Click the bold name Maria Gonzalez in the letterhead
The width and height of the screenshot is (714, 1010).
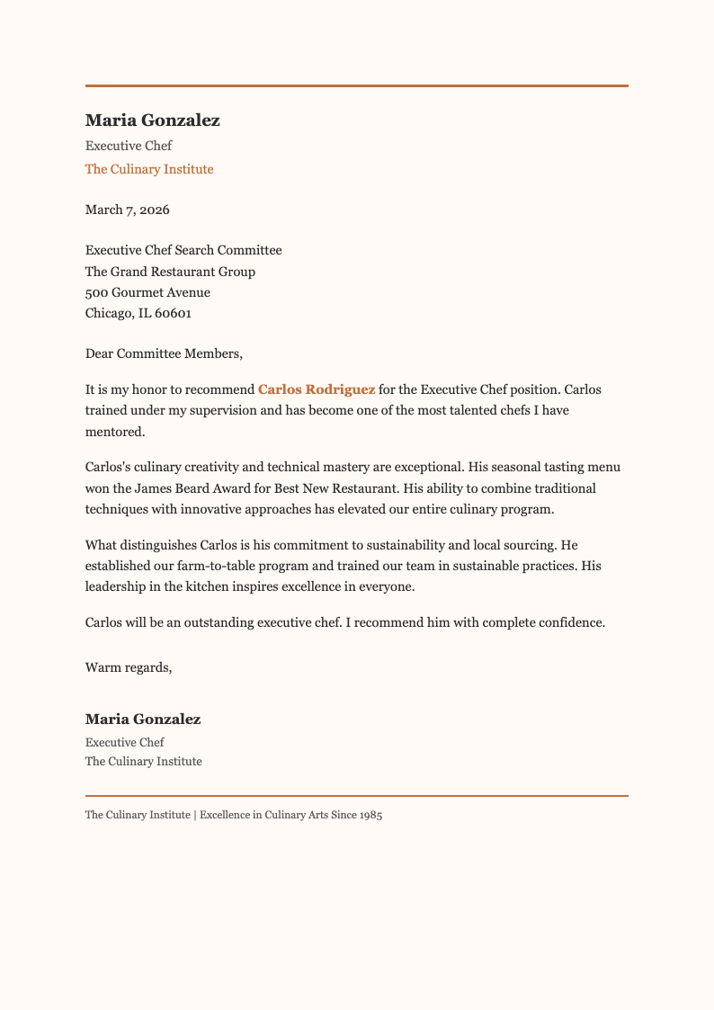tap(152, 121)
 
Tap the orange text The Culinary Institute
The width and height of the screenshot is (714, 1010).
tap(149, 169)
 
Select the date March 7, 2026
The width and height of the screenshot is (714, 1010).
tap(127, 210)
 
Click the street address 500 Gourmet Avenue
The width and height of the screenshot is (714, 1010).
tap(147, 292)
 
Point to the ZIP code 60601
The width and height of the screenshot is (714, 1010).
tap(172, 314)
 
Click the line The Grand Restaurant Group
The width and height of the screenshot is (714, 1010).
tap(170, 272)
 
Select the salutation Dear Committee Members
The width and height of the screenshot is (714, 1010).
tap(164, 353)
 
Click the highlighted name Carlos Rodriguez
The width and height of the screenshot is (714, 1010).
tap(317, 389)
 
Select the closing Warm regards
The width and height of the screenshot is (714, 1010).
tap(128, 667)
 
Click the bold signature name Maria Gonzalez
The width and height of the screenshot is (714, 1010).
tap(143, 720)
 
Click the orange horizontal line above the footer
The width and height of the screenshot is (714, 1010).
tap(356, 796)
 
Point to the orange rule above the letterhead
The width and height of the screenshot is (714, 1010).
tap(356, 85)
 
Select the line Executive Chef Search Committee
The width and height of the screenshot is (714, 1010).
tap(183, 250)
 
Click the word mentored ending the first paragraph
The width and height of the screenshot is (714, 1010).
tap(114, 432)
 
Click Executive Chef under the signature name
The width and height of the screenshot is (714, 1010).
tap(125, 743)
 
